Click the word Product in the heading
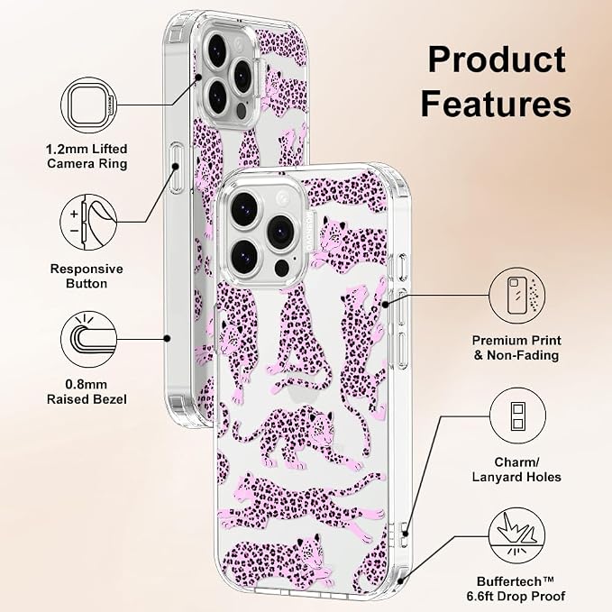click(497, 59)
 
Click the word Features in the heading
click(496, 104)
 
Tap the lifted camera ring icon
click(89, 105)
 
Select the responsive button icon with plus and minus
click(88, 223)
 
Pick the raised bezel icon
click(89, 339)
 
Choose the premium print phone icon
click(517, 296)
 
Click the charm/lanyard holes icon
click(517, 416)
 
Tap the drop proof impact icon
click(516, 535)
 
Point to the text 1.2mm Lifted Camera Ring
click(87, 156)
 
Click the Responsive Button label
click(87, 276)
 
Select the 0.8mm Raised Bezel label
click(87, 391)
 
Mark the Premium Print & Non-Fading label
click(516, 348)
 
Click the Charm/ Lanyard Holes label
click(516, 470)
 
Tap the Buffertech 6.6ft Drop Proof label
click(516, 589)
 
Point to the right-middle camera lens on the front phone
click(280, 231)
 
